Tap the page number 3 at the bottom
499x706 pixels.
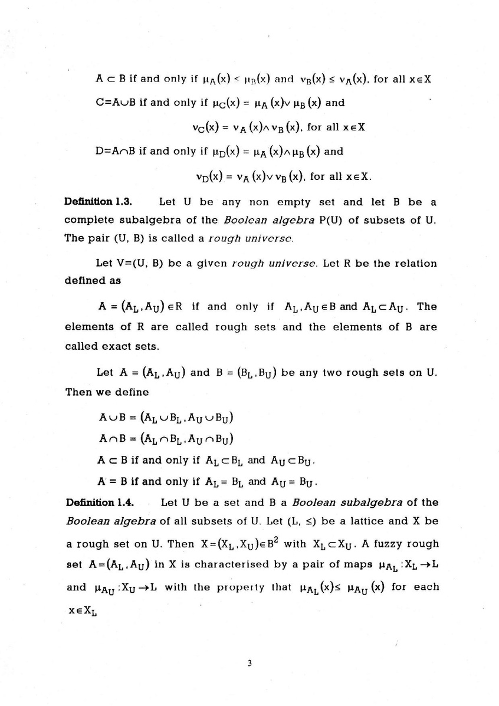pos(249,664)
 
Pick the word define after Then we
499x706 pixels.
pos(134,392)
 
